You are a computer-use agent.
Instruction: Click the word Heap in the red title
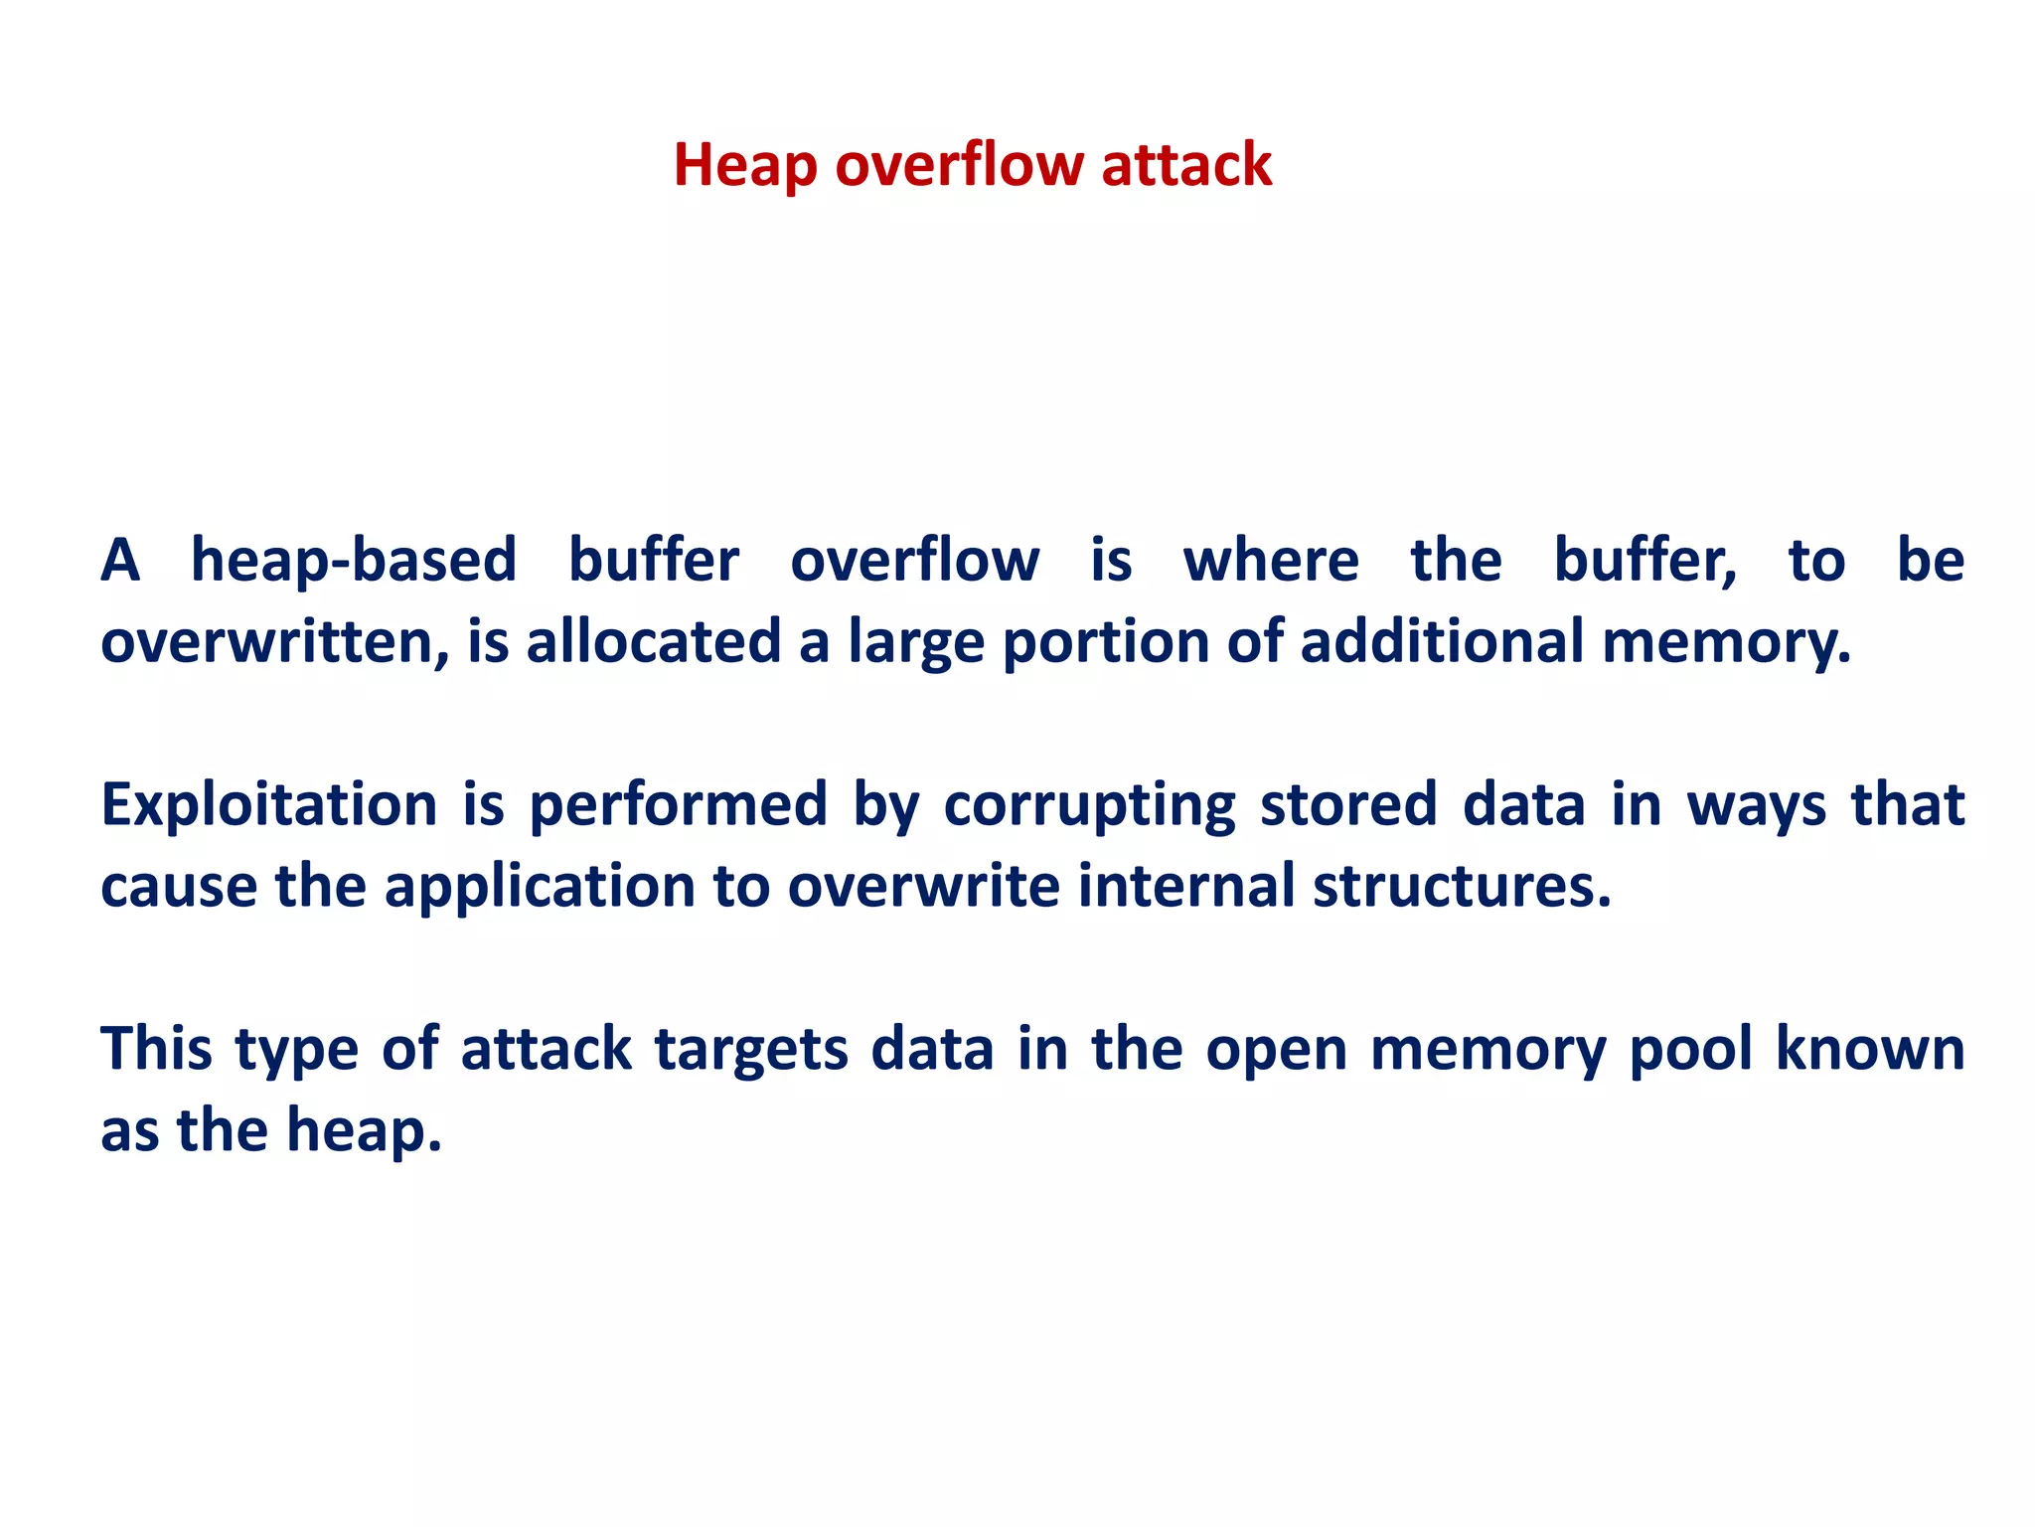[x=745, y=165]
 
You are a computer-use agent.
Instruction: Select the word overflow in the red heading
[x=960, y=165]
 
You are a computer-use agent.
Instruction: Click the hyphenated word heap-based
[x=354, y=560]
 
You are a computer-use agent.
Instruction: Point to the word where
[x=1271, y=560]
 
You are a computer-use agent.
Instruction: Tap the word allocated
[x=653, y=641]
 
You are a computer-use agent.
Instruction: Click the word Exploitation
[x=269, y=804]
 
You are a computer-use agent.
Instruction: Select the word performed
[x=679, y=804]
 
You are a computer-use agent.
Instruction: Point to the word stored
[x=1348, y=804]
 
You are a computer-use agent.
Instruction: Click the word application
[x=540, y=886]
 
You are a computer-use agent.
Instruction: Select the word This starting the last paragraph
[x=157, y=1049]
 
